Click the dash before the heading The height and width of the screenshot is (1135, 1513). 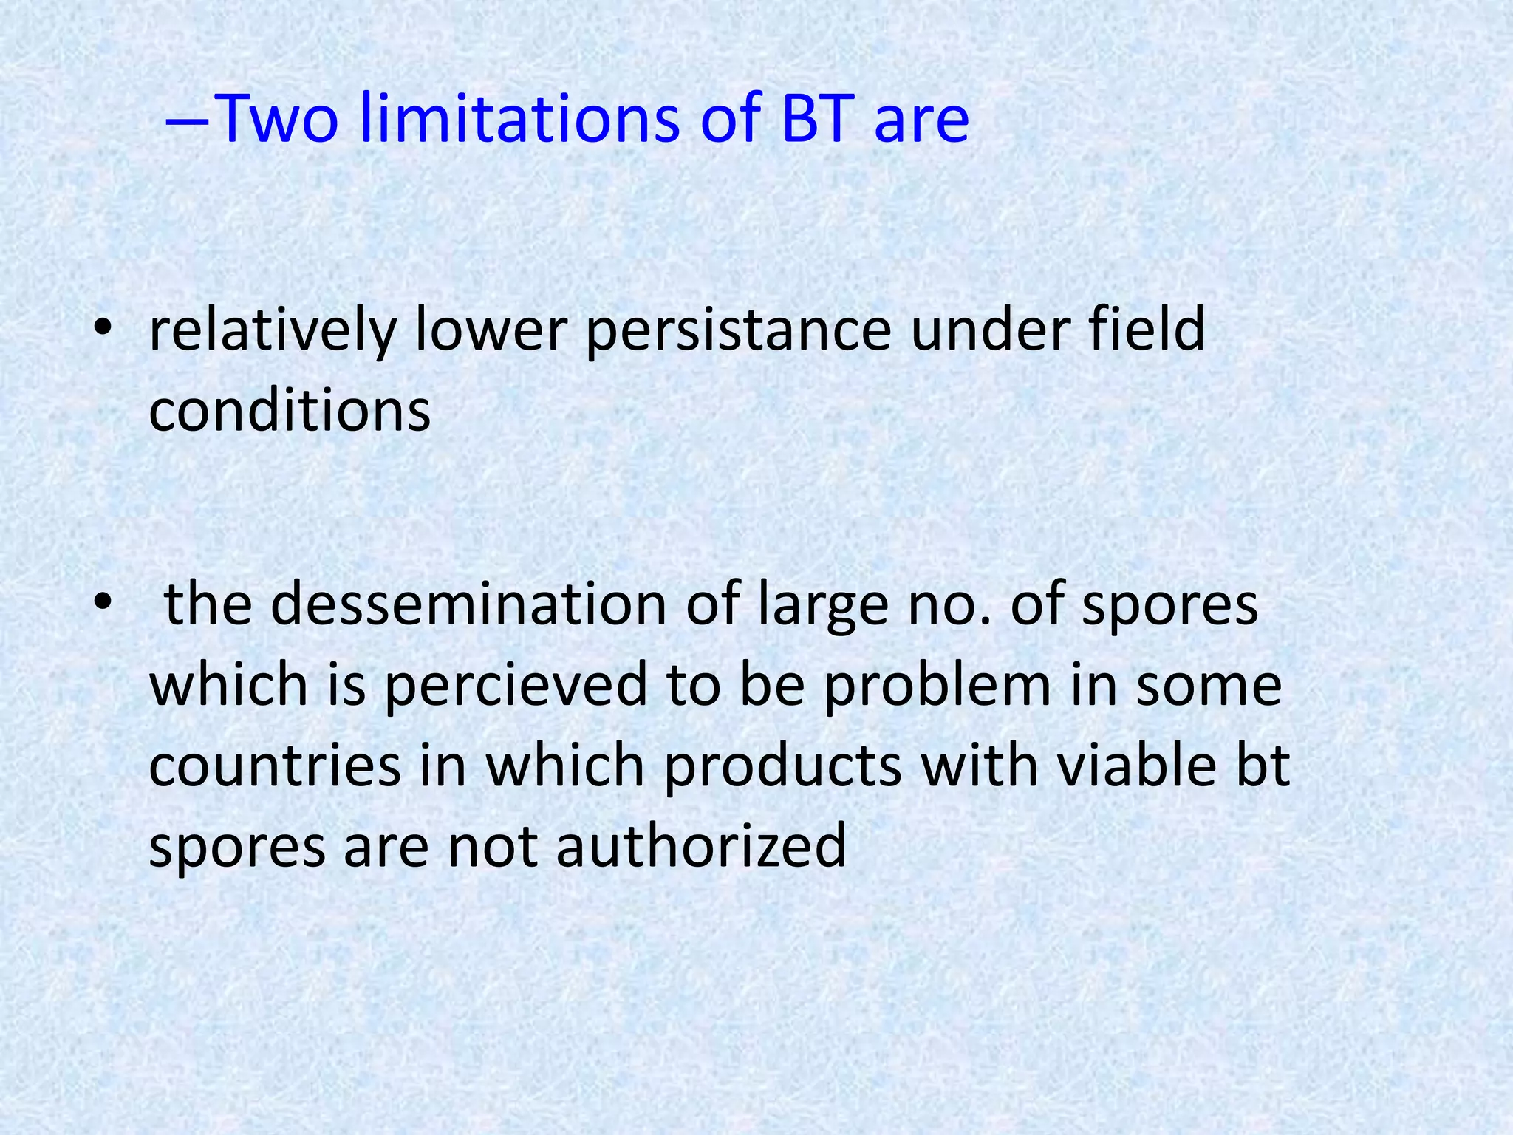(x=188, y=120)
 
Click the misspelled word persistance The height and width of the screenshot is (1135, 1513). (x=738, y=331)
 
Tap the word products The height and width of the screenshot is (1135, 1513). (x=783, y=767)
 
